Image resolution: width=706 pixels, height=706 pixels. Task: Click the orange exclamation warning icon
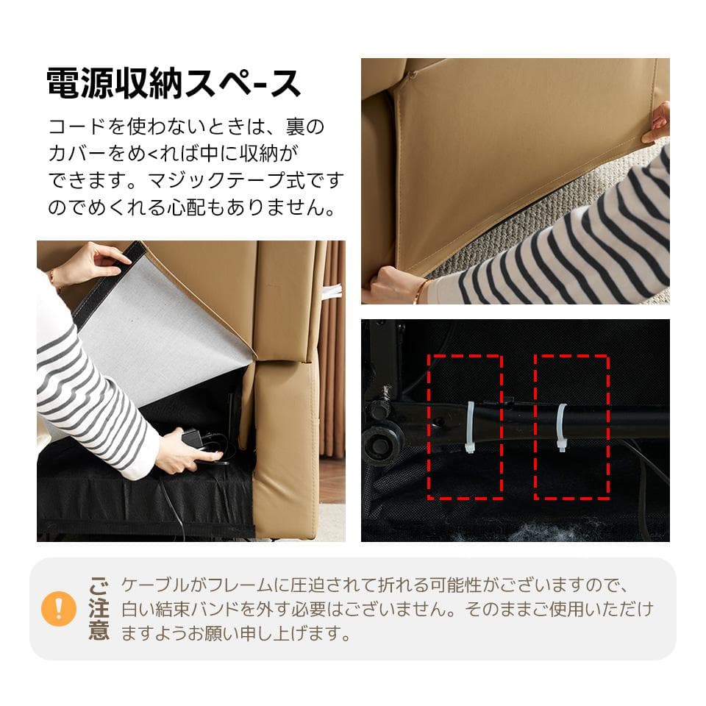pos(59,608)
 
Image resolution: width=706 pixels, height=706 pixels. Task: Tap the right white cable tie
pos(563,427)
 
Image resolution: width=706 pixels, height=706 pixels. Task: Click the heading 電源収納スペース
pos(174,83)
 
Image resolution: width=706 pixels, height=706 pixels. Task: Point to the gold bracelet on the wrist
pos(421,292)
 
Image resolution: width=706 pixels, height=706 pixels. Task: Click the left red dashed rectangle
pos(465,427)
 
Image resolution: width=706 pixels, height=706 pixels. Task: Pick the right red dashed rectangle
pos(571,427)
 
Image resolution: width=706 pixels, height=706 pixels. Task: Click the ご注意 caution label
pos(99,608)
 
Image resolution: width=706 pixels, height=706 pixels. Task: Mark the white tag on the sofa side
pos(332,293)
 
